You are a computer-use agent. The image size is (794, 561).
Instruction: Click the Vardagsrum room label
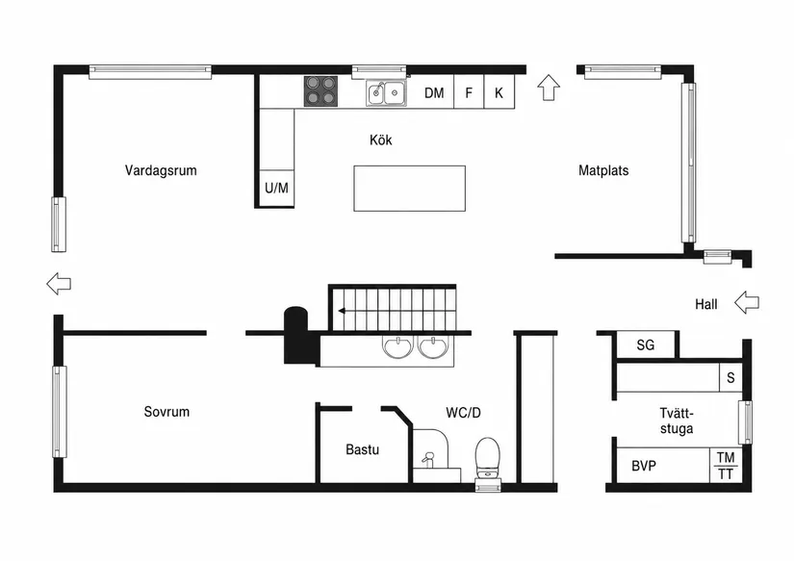[161, 170]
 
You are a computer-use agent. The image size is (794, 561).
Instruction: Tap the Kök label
[381, 140]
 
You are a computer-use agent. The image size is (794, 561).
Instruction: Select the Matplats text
[603, 170]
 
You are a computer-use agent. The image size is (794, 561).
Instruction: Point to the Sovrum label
[166, 412]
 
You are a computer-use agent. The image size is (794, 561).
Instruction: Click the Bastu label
[363, 449]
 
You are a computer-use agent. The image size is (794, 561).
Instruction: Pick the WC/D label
[463, 413]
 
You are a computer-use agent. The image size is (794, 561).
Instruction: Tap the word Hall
[706, 304]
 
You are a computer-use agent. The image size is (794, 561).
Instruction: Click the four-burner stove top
[320, 91]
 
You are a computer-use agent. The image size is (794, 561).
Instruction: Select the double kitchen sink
[386, 92]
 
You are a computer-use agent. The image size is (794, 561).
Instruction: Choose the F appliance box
[469, 91]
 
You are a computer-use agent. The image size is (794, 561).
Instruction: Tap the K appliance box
[499, 91]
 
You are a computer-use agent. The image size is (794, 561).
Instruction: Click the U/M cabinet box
[276, 188]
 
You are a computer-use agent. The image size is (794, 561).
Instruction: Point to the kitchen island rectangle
[410, 189]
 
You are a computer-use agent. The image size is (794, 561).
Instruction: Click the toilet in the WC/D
[488, 458]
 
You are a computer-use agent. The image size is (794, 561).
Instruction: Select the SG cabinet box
[646, 345]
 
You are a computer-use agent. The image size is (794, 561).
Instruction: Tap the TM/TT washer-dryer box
[726, 466]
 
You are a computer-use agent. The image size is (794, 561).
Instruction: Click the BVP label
[644, 466]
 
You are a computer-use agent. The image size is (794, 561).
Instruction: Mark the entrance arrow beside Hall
[747, 302]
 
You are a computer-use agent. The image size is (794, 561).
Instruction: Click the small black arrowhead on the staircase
[343, 311]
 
